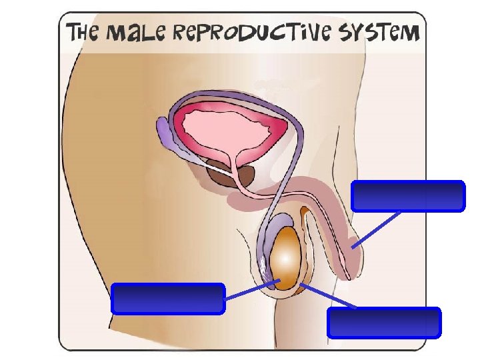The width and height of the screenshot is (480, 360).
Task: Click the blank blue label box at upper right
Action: coord(407,196)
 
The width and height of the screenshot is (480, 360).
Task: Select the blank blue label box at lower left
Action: coord(167,298)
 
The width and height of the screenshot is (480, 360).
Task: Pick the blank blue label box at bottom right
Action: coord(384,322)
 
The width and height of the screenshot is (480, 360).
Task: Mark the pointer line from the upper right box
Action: coord(377,229)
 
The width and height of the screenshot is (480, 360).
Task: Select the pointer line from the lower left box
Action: coord(251,291)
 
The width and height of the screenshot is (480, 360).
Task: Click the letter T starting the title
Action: coord(71,32)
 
